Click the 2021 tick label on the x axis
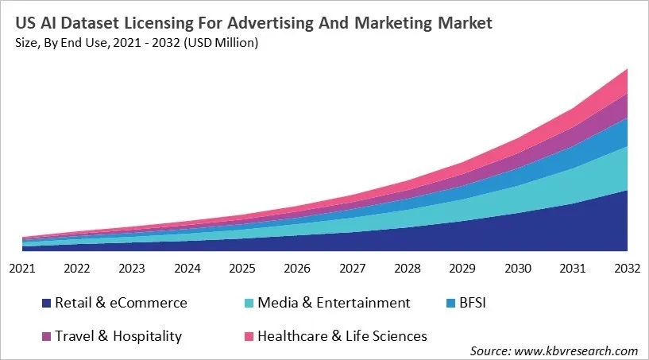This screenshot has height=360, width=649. [x=22, y=269]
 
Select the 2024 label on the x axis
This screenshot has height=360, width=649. [x=187, y=269]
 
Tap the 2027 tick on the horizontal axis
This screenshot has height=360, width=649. [x=353, y=269]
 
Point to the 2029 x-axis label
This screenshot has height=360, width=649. [x=462, y=269]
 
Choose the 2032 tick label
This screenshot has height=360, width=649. [x=627, y=269]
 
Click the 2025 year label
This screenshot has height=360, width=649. [x=242, y=269]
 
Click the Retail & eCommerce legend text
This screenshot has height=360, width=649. [x=122, y=303]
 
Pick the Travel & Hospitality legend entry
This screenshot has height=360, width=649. [x=118, y=336]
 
